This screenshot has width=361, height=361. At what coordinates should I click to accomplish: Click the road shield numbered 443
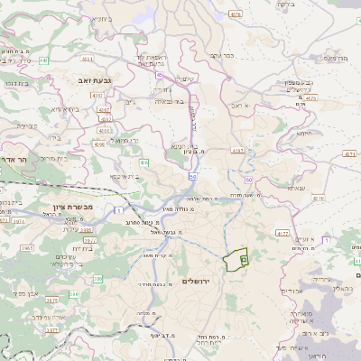tap(43, 60)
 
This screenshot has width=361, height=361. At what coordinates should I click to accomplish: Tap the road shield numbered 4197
tap(237, 150)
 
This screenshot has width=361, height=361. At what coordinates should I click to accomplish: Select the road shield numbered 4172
tap(282, 233)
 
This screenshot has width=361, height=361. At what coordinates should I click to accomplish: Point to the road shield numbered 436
tap(145, 162)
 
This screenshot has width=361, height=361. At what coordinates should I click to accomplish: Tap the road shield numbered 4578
tap(236, 14)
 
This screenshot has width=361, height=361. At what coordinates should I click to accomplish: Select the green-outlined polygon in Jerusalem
tap(236, 259)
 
